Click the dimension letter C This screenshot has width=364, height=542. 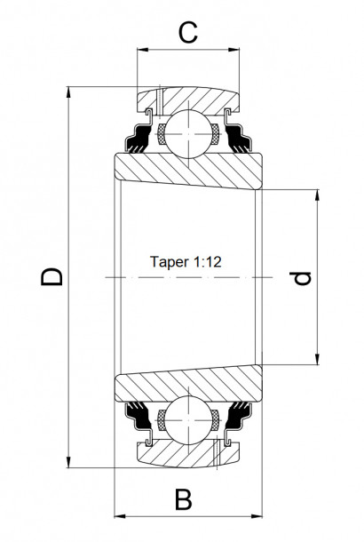click(x=187, y=33)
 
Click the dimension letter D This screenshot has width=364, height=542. click(x=53, y=277)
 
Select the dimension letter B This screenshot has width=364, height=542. click(x=184, y=499)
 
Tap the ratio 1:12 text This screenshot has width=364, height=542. click(x=206, y=263)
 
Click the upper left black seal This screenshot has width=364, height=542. click(x=137, y=138)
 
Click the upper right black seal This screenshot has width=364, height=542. click(x=240, y=138)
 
